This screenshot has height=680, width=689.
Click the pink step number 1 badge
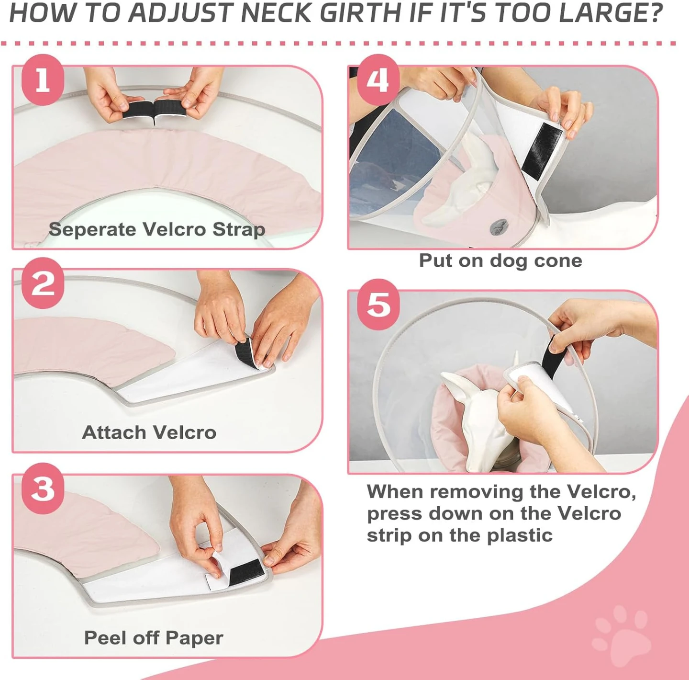click(x=43, y=80)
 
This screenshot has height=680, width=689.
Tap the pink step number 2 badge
click(x=43, y=283)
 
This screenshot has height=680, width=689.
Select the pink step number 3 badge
click(x=43, y=488)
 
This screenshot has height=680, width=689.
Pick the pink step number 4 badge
click(x=378, y=80)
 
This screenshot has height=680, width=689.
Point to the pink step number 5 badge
click(x=378, y=305)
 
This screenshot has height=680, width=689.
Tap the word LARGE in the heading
click(x=604, y=12)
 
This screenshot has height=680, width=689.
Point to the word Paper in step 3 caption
click(x=195, y=638)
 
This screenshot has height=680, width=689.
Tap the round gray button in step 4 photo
click(x=499, y=227)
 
